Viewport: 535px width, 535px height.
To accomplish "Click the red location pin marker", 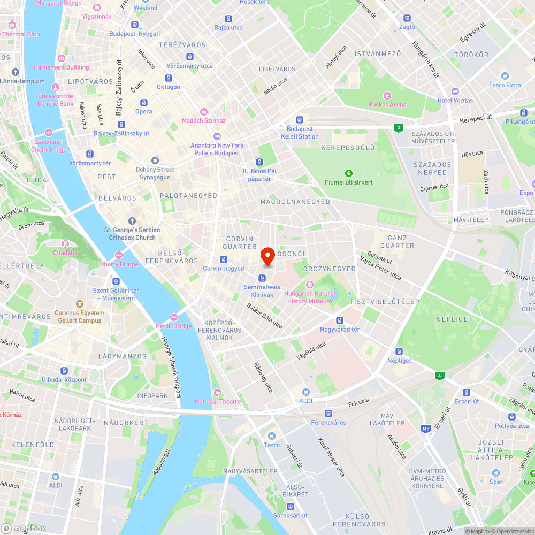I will click(x=267, y=256).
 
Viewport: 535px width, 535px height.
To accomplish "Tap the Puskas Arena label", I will click(x=387, y=105).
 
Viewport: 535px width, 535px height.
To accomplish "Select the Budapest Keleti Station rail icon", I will click(x=299, y=120).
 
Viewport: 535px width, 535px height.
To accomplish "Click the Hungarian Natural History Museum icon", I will click(x=310, y=284).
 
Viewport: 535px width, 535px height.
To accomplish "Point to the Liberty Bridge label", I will click(x=118, y=264).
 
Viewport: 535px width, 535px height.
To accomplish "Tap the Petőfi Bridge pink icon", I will click(x=173, y=317).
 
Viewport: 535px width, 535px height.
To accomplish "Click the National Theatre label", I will click(x=217, y=402).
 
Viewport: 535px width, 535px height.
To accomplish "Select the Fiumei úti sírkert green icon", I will click(x=348, y=173).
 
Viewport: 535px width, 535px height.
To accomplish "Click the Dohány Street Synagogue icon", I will click(x=155, y=160).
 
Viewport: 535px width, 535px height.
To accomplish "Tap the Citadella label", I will click(x=65, y=253).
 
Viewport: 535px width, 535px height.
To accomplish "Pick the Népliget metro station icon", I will click(x=399, y=351).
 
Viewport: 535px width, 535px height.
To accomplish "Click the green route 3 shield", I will click(x=398, y=128).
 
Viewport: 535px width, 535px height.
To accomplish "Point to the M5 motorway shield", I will click(x=426, y=429).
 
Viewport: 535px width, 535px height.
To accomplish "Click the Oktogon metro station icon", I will click(x=168, y=78).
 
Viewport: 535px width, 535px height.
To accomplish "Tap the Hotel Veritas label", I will click(x=455, y=100).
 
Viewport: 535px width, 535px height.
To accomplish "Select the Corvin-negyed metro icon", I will click(x=223, y=259).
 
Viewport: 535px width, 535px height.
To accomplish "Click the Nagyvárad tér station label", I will click(x=340, y=330).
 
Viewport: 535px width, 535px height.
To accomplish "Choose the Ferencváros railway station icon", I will click(x=328, y=413).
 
